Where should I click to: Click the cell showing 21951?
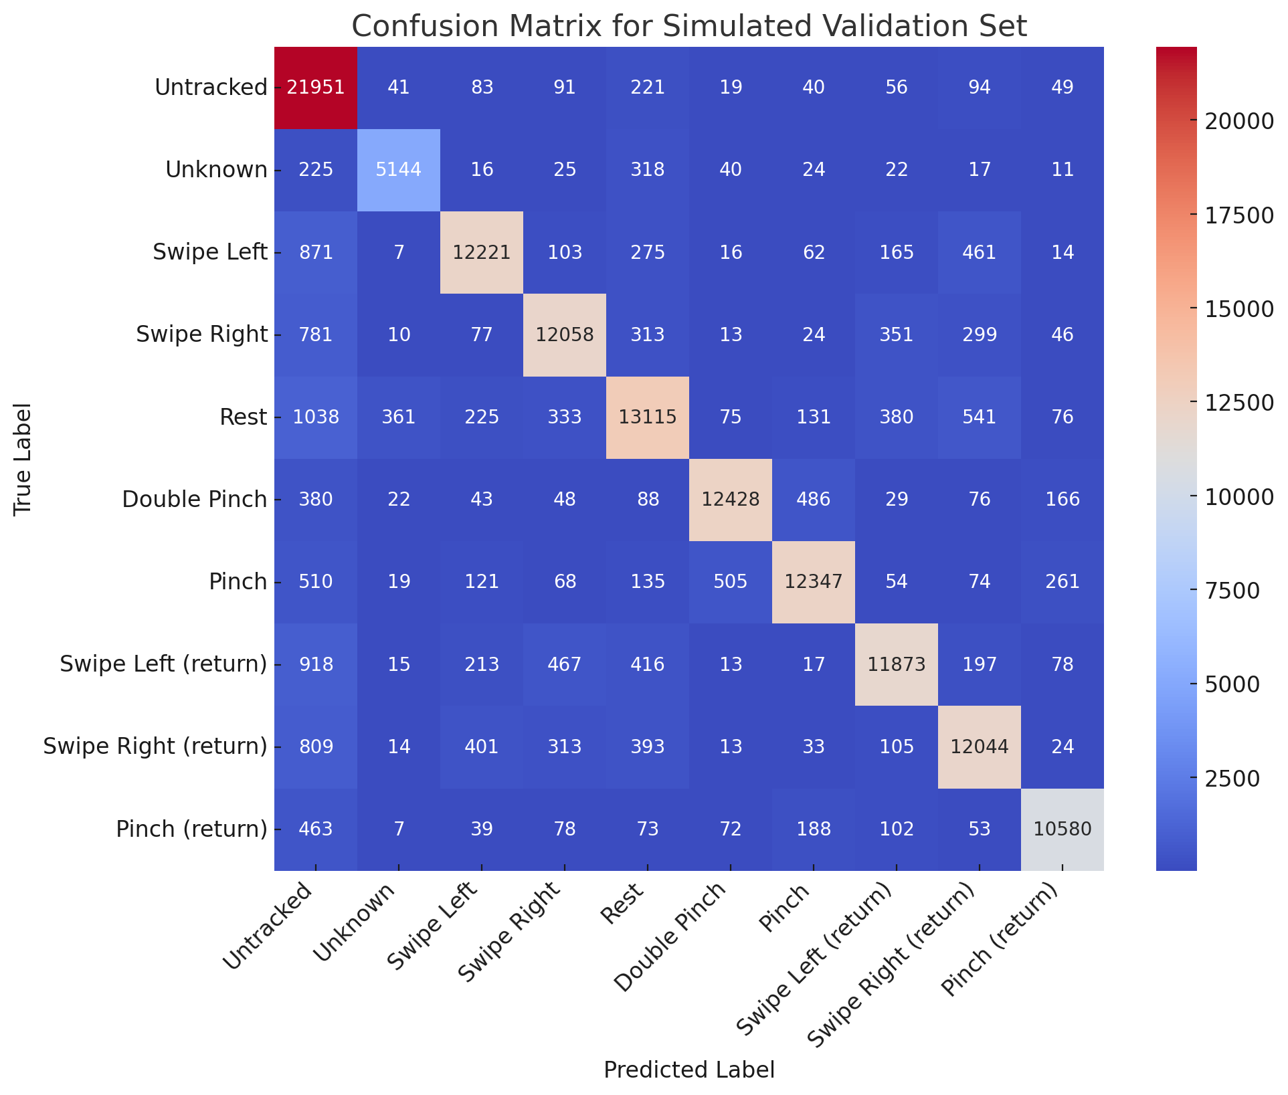pyautogui.click(x=316, y=88)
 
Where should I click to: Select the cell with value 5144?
pyautogui.click(x=399, y=170)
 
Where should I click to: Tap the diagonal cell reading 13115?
pyautogui.click(x=648, y=417)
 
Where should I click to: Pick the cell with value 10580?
pyautogui.click(x=1063, y=829)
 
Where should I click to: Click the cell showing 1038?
pyautogui.click(x=316, y=417)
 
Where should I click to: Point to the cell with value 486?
pyautogui.click(x=814, y=500)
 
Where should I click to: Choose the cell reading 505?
pyautogui.click(x=731, y=582)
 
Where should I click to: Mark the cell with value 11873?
pyautogui.click(x=897, y=664)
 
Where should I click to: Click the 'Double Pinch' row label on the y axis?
pyautogui.click(x=195, y=500)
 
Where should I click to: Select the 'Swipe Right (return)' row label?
pyautogui.click(x=155, y=746)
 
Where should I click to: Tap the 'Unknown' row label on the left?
pyautogui.click(x=216, y=170)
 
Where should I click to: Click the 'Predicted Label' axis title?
pyautogui.click(x=689, y=1070)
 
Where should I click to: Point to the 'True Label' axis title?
pyautogui.click(x=23, y=458)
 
